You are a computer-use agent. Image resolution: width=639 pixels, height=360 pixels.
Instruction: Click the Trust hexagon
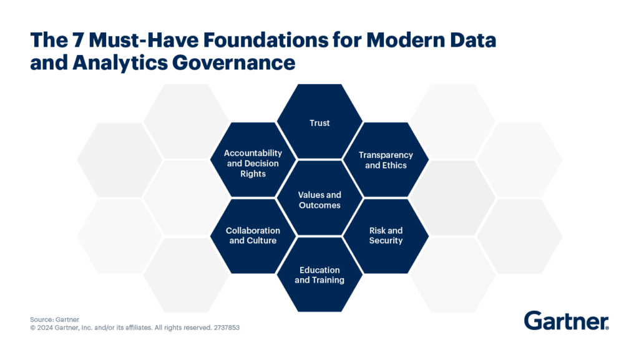click(x=319, y=123)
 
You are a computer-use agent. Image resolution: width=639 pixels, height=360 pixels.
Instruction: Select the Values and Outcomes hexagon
click(x=319, y=200)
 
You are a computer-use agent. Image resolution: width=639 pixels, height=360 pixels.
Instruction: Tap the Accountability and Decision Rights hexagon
click(x=253, y=163)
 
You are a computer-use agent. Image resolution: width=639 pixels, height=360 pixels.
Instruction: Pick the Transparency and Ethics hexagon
click(x=386, y=160)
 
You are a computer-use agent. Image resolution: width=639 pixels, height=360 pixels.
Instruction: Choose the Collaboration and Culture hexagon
click(x=253, y=235)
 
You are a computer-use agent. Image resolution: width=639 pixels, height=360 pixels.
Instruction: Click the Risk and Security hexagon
click(x=386, y=235)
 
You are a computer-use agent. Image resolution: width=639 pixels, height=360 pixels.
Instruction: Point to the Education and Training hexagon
click(x=319, y=275)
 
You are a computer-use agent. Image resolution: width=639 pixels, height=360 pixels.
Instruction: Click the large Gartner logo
click(x=566, y=321)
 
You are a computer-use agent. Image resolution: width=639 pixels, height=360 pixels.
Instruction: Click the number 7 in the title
click(x=79, y=41)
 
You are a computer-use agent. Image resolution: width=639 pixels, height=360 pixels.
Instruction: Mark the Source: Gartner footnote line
click(x=54, y=319)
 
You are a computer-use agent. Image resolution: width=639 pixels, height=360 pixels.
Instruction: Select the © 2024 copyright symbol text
click(x=45, y=327)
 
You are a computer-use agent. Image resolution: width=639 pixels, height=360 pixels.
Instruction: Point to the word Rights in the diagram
click(x=253, y=173)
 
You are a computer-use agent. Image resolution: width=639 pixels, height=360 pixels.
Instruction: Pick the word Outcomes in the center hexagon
click(x=319, y=205)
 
